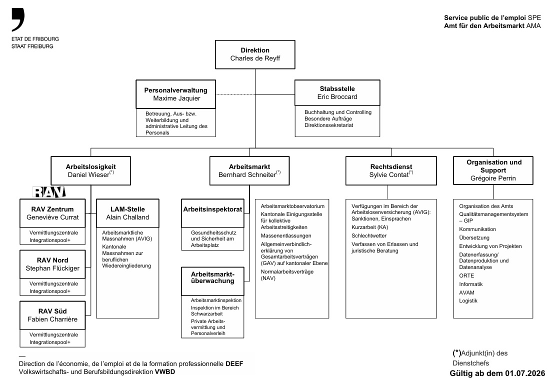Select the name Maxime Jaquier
176,98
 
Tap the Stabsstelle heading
337,88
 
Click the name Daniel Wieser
88,174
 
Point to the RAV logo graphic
49,192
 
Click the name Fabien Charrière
52,319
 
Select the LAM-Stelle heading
127,209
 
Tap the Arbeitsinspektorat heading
212,209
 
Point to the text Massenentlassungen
286,235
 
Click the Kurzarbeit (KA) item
369,227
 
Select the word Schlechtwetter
368,235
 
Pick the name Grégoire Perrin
493,178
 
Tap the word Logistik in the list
468,300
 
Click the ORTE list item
466,275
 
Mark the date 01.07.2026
525,373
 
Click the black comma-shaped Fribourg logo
18,19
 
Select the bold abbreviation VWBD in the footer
165,372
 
